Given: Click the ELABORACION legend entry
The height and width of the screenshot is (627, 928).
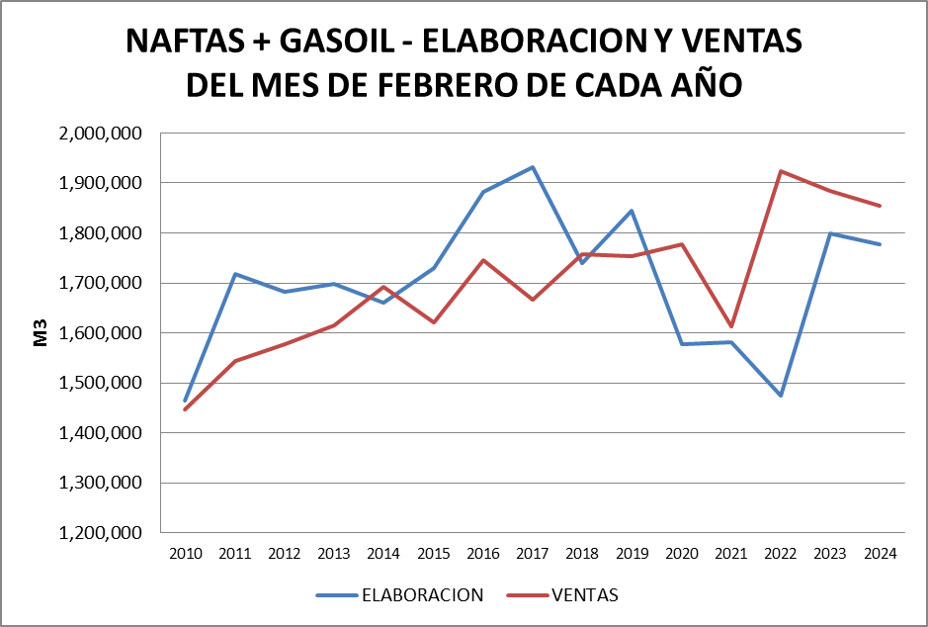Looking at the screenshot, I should (422, 595).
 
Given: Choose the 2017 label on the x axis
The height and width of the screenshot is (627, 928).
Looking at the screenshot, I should (533, 554).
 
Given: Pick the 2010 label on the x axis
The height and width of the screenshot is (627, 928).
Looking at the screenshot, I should (186, 554).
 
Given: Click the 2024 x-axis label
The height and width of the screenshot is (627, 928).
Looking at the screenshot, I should (880, 554).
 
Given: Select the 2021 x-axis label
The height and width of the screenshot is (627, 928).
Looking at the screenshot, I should (730, 554).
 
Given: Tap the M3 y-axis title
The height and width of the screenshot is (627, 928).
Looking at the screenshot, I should (42, 333).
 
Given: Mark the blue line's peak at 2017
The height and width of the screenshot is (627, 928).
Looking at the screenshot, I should (533, 167).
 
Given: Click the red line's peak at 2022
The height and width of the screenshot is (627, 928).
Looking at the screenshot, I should (781, 171).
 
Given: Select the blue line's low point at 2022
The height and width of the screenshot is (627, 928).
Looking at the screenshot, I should (781, 396).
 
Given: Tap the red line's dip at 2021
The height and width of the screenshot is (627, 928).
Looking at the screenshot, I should (730, 326).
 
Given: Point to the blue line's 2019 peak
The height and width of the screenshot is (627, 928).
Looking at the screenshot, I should (632, 211).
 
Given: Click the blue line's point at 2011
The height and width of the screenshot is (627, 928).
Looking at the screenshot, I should (235, 274).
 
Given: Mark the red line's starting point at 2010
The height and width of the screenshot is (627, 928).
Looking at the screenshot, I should (186, 409).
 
